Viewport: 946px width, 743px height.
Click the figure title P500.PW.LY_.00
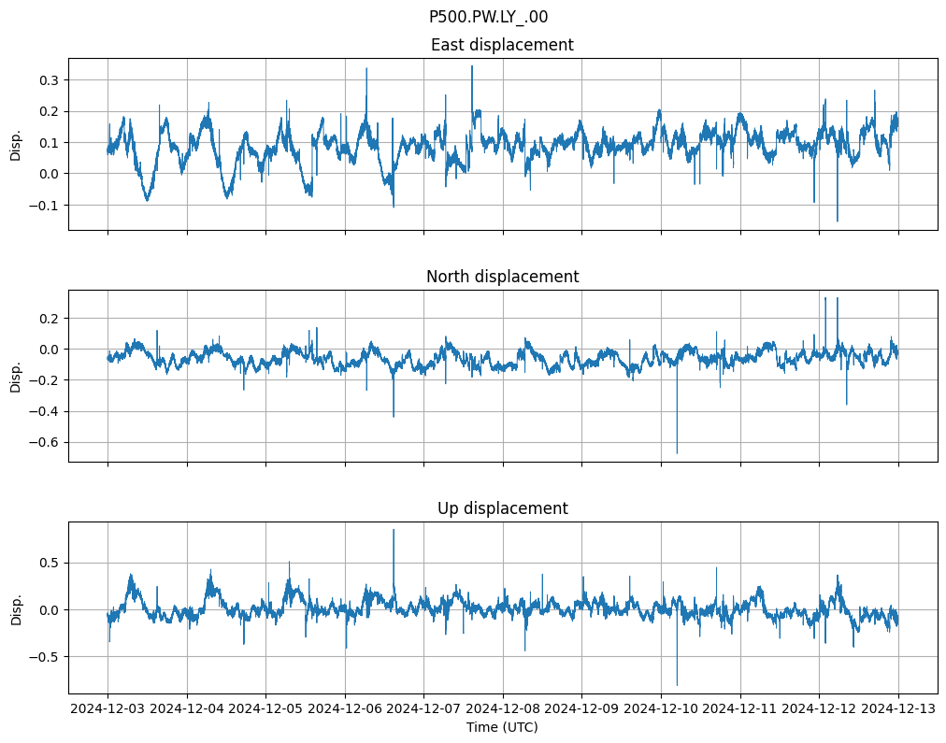click(488, 17)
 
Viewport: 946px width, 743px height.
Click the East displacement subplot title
click(502, 45)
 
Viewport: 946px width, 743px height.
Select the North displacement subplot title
click(502, 277)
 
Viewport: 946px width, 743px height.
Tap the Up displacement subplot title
click(502, 508)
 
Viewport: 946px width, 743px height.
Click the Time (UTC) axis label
click(502, 726)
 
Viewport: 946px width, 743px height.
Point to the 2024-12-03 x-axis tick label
click(107, 708)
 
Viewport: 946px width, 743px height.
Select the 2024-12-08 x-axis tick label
click(503, 708)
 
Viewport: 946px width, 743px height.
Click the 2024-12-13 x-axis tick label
click(899, 708)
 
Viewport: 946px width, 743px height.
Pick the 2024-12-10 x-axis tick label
click(661, 708)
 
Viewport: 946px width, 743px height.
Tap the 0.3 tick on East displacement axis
click(49, 80)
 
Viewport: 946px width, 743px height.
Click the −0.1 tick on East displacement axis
click(45, 205)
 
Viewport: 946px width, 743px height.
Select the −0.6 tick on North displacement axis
click(45, 442)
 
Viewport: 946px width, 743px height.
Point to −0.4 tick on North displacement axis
click(45, 411)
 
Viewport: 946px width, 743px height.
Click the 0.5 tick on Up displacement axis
click(49, 563)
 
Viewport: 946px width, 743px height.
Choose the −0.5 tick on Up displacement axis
click(45, 656)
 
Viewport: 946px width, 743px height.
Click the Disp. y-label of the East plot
click(16, 144)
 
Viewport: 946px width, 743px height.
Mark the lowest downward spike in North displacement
click(677, 453)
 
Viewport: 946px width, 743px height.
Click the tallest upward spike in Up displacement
click(394, 530)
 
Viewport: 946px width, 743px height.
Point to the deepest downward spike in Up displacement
click(677, 685)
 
